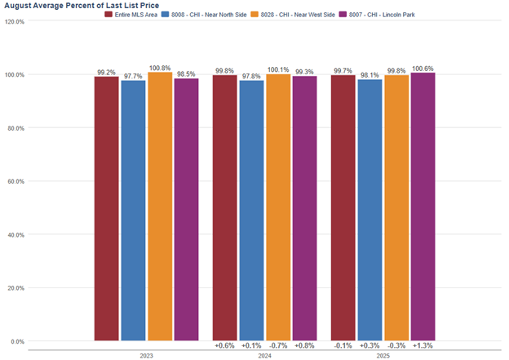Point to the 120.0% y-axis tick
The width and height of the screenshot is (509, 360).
point(15,21)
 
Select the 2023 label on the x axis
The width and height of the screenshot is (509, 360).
point(146,356)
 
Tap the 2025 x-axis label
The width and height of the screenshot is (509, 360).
point(383,356)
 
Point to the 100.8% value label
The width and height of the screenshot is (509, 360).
point(160,68)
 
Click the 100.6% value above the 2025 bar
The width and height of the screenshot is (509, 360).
point(423,69)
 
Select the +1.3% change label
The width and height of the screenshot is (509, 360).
point(423,346)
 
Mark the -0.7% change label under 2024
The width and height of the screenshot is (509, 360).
point(278,346)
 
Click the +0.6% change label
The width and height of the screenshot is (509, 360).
point(225,346)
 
